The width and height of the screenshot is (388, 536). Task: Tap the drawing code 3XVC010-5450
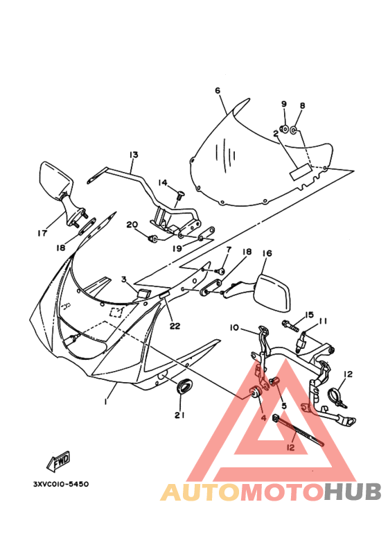pos(61,484)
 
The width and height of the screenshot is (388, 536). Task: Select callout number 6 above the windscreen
pos(218,91)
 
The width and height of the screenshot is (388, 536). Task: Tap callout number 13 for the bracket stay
pos(134,155)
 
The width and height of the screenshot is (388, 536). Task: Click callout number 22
pos(175,326)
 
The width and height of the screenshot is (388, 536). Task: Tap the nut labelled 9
pos(283,129)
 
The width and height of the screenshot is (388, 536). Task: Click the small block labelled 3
pos(144,293)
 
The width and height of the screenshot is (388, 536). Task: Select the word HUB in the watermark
pos(353,491)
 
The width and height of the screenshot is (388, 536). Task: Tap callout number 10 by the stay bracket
pos(234,327)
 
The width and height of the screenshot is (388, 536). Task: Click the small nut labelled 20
pos(152,238)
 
